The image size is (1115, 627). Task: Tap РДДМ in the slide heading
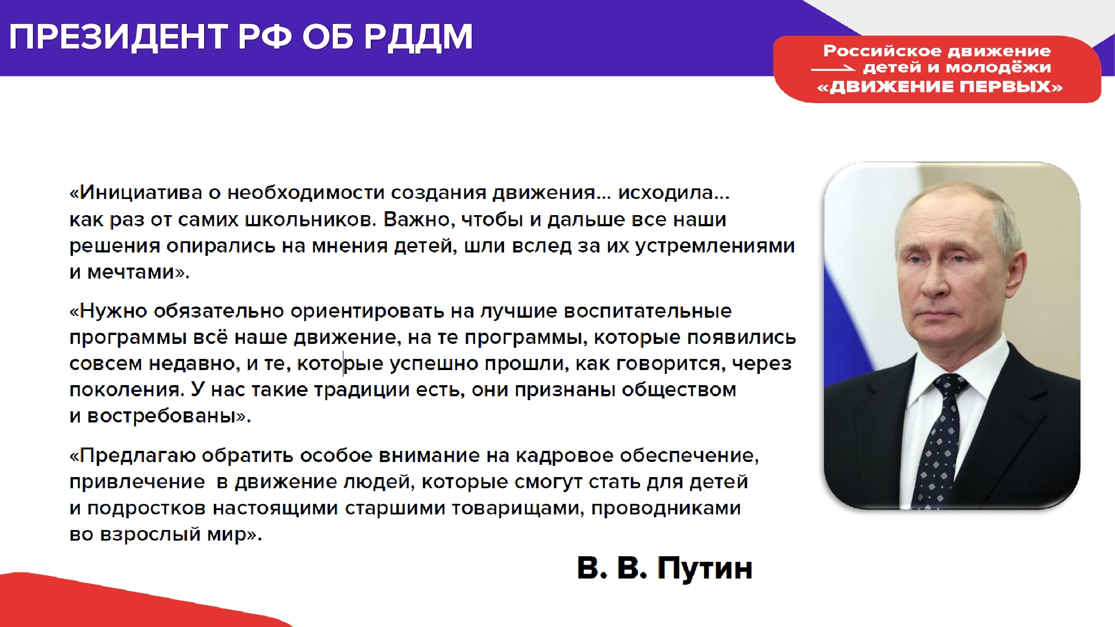point(418,37)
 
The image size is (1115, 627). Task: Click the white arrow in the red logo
point(833,69)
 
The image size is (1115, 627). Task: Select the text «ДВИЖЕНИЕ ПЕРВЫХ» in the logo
point(939,87)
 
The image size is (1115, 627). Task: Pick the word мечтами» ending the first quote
point(138,273)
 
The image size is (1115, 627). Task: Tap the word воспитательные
point(648,311)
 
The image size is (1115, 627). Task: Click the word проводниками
point(666,508)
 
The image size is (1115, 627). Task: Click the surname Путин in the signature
point(705,568)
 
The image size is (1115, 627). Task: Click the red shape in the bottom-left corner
point(123,602)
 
